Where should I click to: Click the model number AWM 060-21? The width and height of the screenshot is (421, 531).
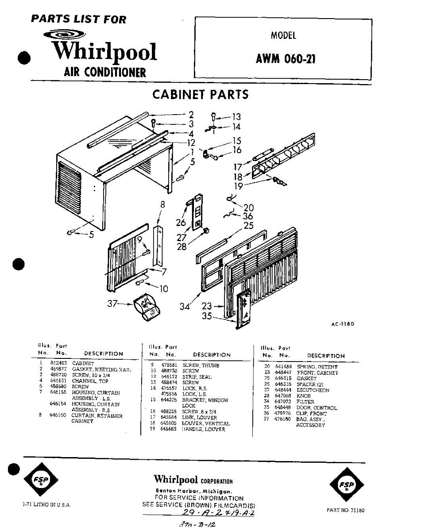point(286,59)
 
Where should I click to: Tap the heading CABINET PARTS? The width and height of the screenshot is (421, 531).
point(200,94)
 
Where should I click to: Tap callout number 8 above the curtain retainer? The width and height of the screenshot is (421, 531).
point(162,204)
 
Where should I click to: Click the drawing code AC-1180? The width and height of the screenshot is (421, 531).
point(343,324)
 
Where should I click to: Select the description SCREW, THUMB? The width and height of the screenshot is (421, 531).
point(201,366)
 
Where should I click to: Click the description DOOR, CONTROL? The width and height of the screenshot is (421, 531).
point(317,408)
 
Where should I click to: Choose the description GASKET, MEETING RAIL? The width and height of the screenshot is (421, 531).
point(101,369)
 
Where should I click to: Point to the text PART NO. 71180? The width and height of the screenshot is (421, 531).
point(345,510)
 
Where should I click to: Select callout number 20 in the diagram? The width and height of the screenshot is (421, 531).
point(248,207)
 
